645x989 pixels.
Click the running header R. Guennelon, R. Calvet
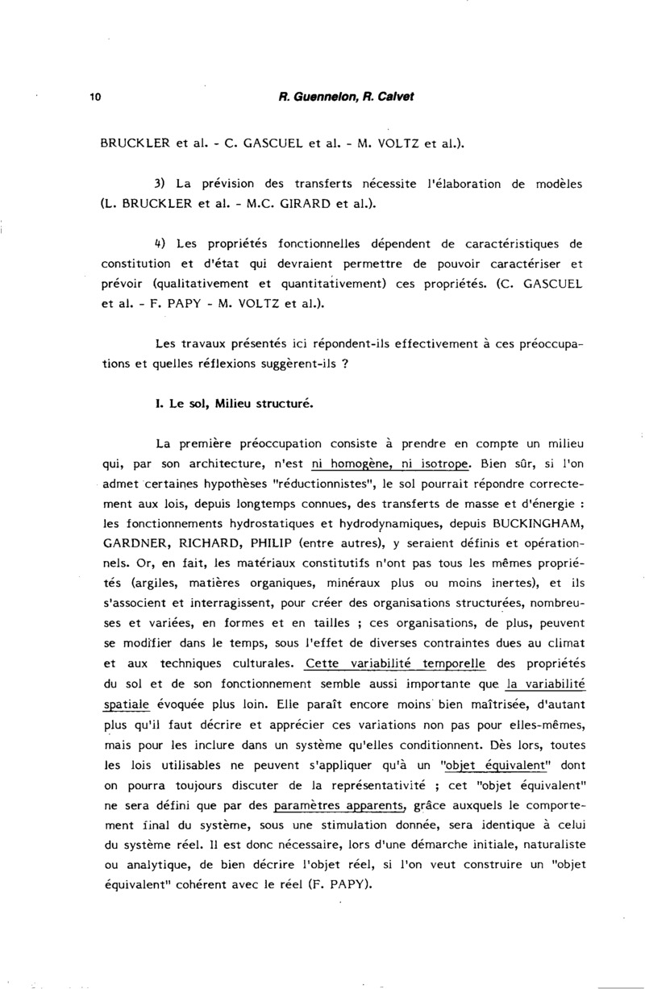tap(347, 97)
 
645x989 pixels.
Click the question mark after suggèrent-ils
tap(344, 364)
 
